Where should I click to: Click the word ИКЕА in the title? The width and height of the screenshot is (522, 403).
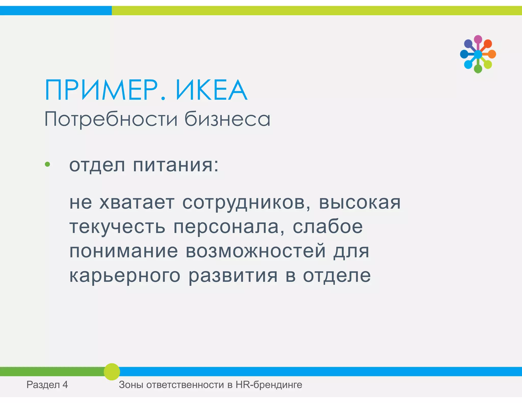211,90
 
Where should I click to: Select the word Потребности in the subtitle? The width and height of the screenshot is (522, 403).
111,119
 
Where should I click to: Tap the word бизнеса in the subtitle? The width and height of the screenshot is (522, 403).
227,119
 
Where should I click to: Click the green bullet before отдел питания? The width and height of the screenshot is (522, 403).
47,164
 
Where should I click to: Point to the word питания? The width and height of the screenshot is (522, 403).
176,165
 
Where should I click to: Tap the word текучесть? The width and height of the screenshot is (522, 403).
118,227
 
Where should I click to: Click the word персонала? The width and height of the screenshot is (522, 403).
229,227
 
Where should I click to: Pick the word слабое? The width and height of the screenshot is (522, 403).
328,226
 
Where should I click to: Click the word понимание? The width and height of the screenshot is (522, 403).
124,251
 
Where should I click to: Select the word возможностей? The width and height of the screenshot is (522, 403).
256,251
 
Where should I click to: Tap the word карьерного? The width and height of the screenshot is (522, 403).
125,276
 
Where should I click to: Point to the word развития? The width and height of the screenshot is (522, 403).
233,276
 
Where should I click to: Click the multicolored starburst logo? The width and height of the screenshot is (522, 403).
478,54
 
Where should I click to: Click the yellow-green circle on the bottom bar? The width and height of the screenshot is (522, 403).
112,372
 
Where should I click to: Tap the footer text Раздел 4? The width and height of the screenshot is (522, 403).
47,385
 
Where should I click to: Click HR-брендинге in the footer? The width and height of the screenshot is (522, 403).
269,385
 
